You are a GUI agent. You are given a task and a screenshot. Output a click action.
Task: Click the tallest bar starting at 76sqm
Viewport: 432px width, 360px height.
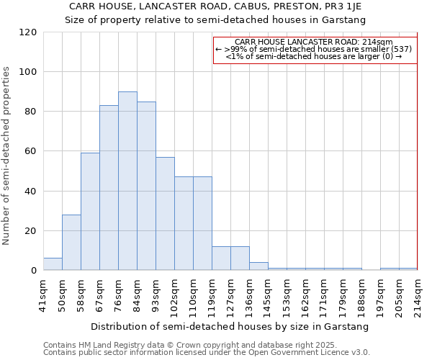[x=127, y=181]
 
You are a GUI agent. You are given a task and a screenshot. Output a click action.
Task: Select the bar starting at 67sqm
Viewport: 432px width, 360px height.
[x=109, y=188]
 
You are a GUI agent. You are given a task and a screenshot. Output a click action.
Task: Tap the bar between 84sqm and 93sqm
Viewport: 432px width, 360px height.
[x=146, y=186]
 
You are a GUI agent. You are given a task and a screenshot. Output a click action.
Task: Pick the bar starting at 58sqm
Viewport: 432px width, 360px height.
[x=90, y=212]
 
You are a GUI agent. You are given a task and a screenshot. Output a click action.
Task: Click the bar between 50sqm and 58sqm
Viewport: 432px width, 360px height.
[x=71, y=243]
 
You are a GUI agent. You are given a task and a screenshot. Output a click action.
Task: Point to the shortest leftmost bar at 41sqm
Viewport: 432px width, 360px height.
[x=53, y=264]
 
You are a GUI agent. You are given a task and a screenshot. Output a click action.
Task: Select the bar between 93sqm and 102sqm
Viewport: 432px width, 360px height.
[x=165, y=214]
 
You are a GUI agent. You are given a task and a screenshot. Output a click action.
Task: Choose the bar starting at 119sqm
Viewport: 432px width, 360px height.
[x=221, y=258]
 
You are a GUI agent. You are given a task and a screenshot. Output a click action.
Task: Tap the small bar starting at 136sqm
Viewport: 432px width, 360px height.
[x=258, y=266]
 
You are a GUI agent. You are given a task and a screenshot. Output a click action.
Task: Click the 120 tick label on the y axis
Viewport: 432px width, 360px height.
[x=28, y=32]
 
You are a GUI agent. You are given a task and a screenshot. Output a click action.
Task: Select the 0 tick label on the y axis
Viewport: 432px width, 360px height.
[x=34, y=271]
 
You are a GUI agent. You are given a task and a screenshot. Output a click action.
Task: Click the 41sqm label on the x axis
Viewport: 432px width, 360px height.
[x=44, y=294]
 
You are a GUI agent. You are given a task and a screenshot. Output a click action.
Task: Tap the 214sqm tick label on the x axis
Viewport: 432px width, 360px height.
[x=418, y=296]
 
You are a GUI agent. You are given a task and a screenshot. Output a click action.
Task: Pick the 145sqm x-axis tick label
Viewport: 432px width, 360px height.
[x=268, y=296]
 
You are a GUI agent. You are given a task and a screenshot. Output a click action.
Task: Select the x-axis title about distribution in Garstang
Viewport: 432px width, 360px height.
[x=230, y=326]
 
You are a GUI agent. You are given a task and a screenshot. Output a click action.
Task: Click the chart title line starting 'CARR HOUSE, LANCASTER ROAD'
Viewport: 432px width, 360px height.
[x=215, y=6]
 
